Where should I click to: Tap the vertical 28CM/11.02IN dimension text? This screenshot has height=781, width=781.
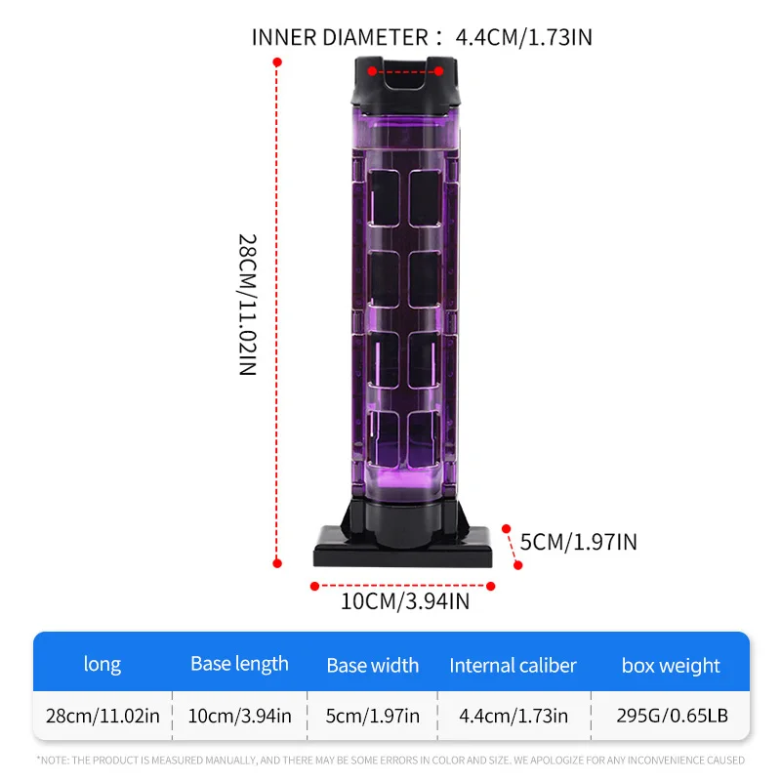coord(248,305)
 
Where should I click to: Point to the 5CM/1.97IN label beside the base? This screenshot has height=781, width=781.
coord(578,542)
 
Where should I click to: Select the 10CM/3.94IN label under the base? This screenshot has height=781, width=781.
coord(405,601)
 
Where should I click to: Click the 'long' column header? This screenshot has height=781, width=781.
coord(103,665)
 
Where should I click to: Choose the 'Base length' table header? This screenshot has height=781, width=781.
coord(239,665)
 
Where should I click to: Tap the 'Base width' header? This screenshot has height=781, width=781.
coord(373,666)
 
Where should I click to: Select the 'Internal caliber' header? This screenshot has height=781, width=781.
coord(514,666)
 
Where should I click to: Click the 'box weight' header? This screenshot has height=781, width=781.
coord(671,666)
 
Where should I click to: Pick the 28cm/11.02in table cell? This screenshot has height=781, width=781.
coord(103,716)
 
